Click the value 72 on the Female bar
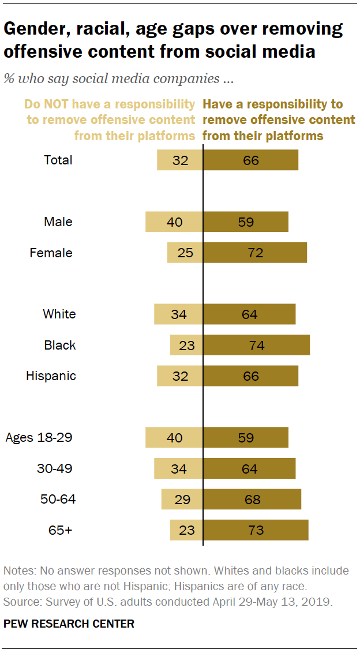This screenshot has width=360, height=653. click(256, 253)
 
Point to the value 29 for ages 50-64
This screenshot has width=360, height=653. click(182, 499)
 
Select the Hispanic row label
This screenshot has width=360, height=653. click(51, 376)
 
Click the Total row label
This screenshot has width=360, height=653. click(58, 160)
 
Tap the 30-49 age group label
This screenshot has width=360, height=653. click(54, 468)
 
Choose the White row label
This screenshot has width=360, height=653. click(59, 314)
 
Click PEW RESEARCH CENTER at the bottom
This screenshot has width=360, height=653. click(69, 624)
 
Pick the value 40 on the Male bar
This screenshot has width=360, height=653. click(175, 222)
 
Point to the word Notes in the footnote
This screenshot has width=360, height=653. click(18, 571)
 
